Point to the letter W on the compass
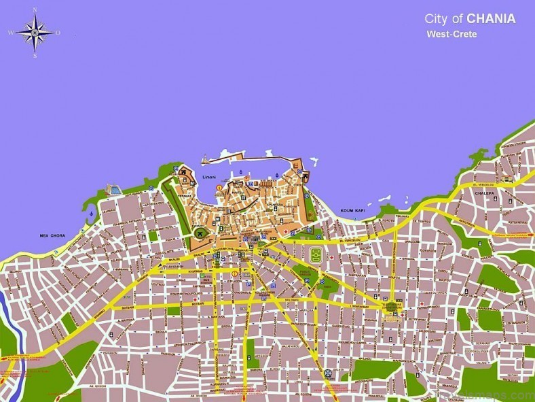point(11,32)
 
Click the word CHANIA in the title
point(491,18)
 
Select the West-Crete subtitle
point(451,34)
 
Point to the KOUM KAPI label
point(354,210)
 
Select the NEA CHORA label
point(52,235)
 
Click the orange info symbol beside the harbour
point(218,187)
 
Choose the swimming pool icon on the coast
point(113,186)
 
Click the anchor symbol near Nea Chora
point(91,214)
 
